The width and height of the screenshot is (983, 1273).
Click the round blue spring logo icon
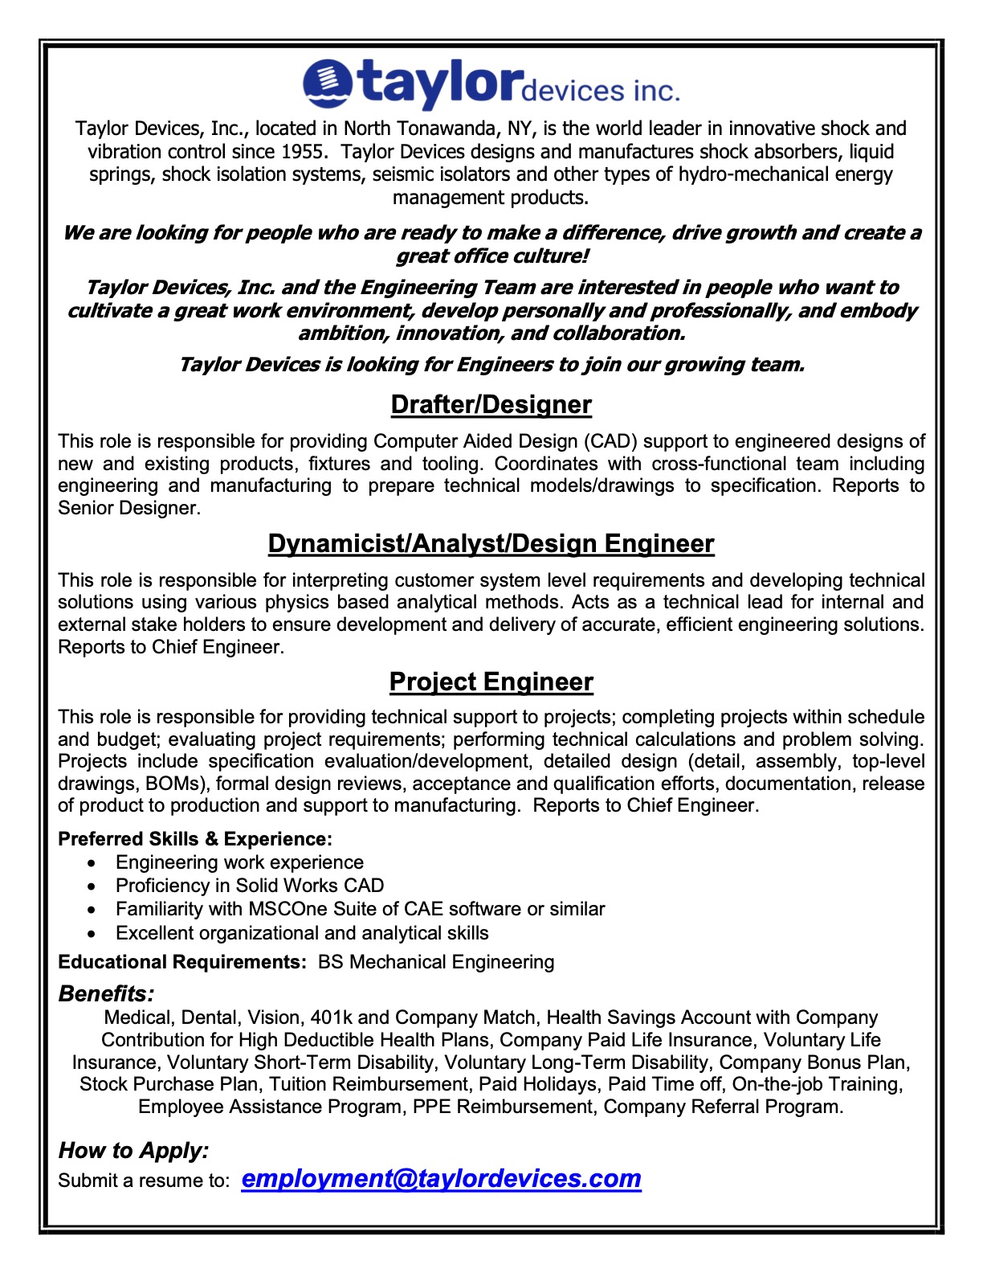328,83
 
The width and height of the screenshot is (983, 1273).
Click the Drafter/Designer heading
491,404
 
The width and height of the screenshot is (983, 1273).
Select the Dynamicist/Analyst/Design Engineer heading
491,544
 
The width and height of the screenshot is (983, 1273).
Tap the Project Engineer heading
491,682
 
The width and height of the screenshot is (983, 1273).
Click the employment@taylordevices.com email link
441,1178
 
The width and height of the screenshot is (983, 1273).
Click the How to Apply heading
133,1150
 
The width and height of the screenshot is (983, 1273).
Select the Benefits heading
106,993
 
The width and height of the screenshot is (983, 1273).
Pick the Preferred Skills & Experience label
194,839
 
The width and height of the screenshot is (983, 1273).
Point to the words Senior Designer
127,508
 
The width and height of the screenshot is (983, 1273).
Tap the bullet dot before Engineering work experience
95,863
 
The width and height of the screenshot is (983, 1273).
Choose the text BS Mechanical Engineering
436,962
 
